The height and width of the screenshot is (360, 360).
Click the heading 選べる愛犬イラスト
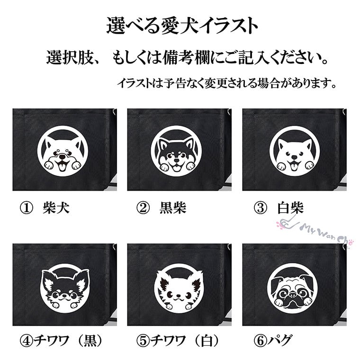click(182, 26)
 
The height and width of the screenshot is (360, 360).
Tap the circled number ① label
click(26, 208)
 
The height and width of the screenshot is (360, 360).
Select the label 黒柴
click(173, 208)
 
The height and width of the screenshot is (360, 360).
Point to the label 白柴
click(290, 208)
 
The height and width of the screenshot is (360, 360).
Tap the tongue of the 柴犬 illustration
click(62, 166)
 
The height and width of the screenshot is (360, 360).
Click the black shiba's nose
click(176, 160)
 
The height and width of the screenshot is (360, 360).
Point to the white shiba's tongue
click(294, 166)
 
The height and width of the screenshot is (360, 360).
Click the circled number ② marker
click(143, 208)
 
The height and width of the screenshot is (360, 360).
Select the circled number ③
click(261, 208)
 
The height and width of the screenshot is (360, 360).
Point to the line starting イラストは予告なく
click(227, 83)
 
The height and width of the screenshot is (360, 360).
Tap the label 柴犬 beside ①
click(56, 208)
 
